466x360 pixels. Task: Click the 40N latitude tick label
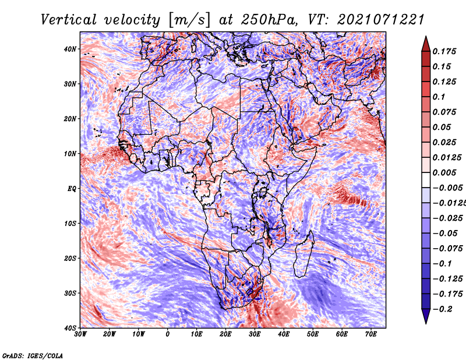click(70, 49)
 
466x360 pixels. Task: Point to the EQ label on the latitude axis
click(72, 189)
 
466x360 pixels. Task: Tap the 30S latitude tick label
click(70, 294)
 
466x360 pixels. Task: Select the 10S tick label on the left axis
click(70, 224)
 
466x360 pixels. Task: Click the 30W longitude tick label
click(80, 334)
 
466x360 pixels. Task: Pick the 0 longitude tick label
click(168, 334)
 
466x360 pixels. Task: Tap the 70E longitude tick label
click(371, 334)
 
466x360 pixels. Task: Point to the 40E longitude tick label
click(284, 334)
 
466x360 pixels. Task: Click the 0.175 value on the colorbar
click(444, 52)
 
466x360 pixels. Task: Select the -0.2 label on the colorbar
click(442, 309)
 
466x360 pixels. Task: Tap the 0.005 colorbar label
click(444, 172)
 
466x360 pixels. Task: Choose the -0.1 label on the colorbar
click(442, 264)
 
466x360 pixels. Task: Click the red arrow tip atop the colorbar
click(426, 37)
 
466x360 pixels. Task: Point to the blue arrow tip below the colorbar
click(426, 323)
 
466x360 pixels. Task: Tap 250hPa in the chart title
click(269, 20)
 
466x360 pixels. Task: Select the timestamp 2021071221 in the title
click(381, 20)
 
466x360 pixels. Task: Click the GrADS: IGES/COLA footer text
click(33, 356)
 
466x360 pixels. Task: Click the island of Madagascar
click(303, 255)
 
